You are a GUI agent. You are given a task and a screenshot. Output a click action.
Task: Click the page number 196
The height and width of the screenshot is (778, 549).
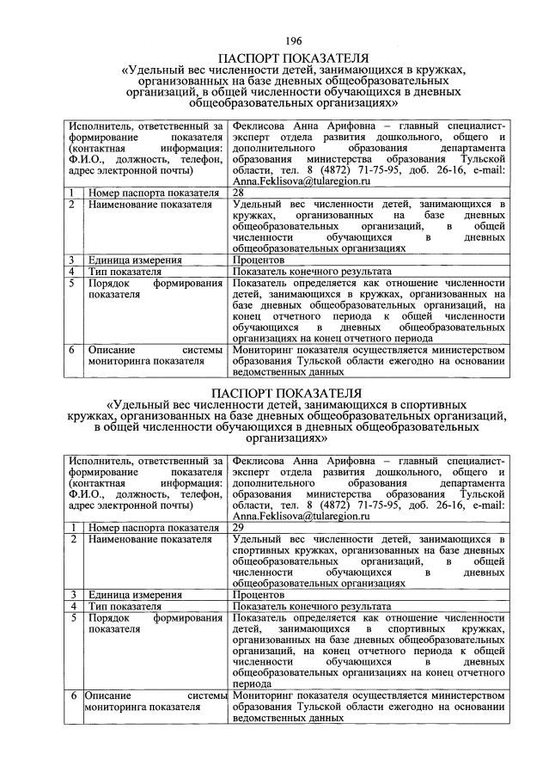pos(293,41)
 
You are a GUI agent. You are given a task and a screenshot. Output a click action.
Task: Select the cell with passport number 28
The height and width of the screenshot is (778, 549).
pos(239,193)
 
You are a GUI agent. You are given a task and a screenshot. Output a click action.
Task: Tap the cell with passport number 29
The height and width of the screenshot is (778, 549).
pos(239,527)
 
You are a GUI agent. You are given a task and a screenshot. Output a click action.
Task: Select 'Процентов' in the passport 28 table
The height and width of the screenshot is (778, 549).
pos(258,259)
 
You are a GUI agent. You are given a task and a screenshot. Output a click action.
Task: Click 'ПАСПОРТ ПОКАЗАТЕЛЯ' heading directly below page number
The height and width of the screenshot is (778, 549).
pos(293,57)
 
